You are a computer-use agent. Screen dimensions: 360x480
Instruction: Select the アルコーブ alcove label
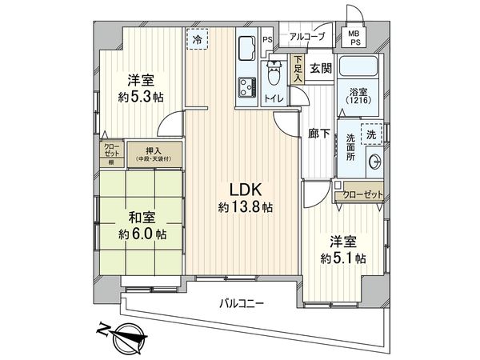click(x=307, y=37)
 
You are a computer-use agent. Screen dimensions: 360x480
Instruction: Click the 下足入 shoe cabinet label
click(x=298, y=68)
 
